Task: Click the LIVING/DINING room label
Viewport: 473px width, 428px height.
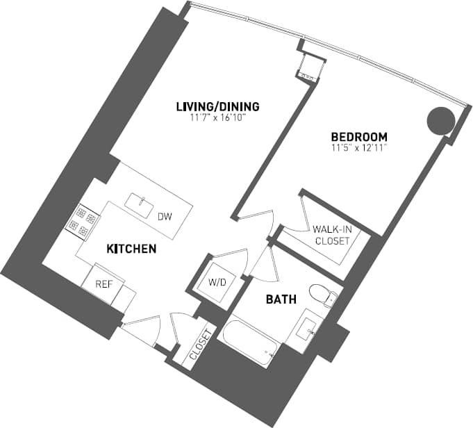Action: point(217,106)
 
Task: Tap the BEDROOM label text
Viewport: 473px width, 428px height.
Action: point(358,136)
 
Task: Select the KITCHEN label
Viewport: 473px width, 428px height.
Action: point(131,248)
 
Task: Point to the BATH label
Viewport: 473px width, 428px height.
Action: point(282,299)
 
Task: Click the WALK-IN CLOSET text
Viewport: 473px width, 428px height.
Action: point(331,236)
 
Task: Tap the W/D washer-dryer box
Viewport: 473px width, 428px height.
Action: point(217,283)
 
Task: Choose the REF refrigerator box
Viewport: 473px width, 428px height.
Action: point(103,283)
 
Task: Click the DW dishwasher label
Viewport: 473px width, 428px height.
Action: point(165,217)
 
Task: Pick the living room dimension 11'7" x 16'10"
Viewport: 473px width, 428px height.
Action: point(217,117)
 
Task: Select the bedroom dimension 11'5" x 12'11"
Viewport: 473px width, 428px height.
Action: point(358,147)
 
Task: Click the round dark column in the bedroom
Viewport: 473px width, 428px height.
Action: point(440,121)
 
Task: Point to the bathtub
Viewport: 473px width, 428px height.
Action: point(251,344)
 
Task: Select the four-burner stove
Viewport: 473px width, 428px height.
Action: point(81,220)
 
